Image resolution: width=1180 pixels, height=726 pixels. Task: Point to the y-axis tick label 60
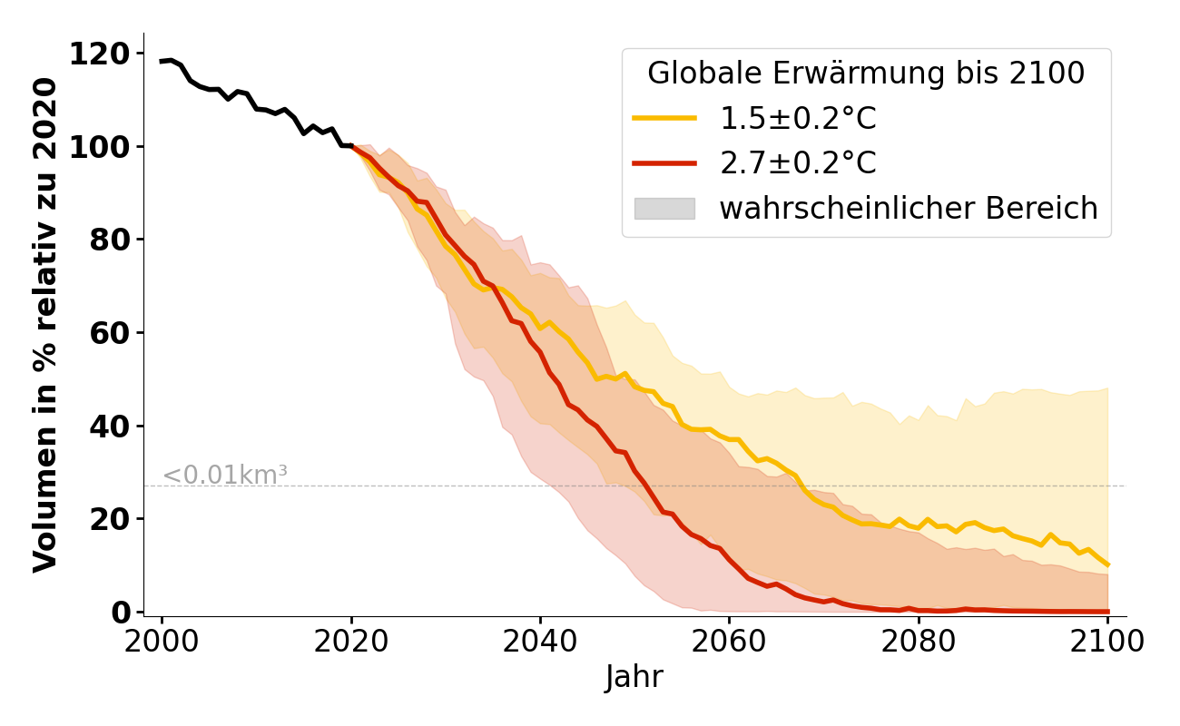point(110,333)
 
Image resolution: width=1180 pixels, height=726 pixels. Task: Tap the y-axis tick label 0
point(121,613)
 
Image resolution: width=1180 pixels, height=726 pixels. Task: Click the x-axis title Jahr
point(634,677)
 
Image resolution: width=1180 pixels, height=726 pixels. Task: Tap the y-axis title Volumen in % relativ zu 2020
point(45,325)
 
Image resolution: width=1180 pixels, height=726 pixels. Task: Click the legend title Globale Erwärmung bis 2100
point(866,74)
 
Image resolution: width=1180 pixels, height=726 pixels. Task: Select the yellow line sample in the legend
point(664,118)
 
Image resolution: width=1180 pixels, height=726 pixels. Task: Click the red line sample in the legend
point(664,163)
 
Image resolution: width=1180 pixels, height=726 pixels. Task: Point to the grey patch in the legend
point(664,209)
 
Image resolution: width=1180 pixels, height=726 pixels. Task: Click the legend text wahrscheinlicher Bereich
point(909,209)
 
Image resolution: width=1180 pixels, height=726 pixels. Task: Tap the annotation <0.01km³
point(225,475)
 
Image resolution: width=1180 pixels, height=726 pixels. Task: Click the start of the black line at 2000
point(162,62)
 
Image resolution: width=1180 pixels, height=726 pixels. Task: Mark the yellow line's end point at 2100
point(1107,564)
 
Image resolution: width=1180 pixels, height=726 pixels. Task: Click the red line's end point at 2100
point(1107,611)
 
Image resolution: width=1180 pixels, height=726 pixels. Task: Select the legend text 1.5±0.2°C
point(798,118)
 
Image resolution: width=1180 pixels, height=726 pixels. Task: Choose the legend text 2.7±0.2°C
point(798,163)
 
